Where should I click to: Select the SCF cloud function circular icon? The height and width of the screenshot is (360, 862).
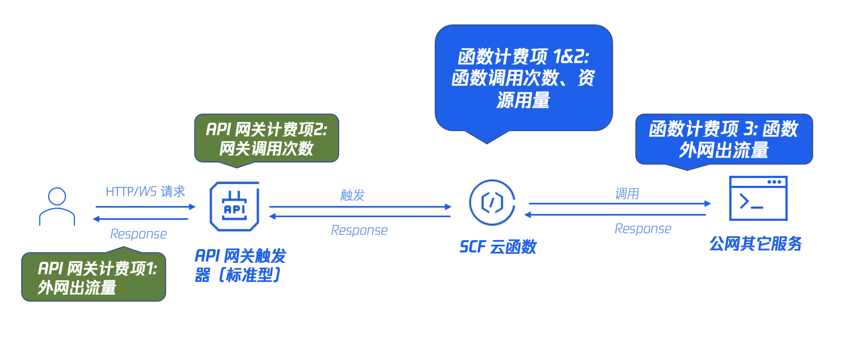click(x=492, y=202)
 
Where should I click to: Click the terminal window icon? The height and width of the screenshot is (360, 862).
click(x=758, y=198)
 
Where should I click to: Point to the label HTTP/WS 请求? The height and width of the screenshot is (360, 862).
click(x=145, y=191)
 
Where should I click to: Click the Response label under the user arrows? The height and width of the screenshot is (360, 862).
click(x=139, y=234)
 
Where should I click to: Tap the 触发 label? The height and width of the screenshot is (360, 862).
click(x=352, y=195)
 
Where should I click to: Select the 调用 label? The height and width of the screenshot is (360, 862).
click(x=627, y=193)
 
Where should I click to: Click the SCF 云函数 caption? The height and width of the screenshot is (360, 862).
click(x=498, y=247)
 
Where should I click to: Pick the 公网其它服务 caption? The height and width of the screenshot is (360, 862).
click(x=755, y=243)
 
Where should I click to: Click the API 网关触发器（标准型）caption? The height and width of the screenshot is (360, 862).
click(x=240, y=265)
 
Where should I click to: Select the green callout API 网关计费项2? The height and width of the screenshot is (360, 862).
click(x=266, y=139)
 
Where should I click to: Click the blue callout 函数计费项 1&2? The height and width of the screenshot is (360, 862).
click(x=524, y=79)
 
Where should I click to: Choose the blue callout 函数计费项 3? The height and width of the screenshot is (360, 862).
click(x=724, y=140)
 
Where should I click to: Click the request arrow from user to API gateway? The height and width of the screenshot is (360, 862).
click(x=145, y=207)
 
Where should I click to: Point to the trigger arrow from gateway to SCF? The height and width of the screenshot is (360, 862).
click(x=360, y=207)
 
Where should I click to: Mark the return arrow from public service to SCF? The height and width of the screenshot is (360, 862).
click(x=615, y=215)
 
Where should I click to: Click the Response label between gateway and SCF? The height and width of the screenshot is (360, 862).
click(x=359, y=230)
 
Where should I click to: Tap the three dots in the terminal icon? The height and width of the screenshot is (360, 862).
click(x=774, y=182)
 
